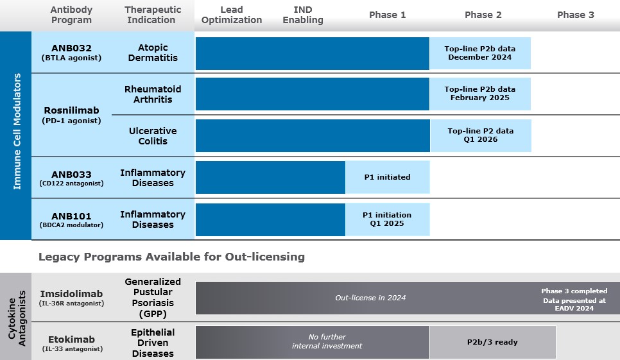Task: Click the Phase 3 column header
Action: click(575, 15)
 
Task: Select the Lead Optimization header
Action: click(231, 15)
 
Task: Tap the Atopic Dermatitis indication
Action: click(153, 53)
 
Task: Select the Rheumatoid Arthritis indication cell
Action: click(153, 94)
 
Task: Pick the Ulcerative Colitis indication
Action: click(153, 136)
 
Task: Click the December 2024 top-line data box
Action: click(480, 53)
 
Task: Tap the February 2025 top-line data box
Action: click(480, 94)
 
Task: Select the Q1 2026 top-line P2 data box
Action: click(481, 135)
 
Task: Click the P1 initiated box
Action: click(387, 177)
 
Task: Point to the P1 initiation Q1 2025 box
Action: click(387, 219)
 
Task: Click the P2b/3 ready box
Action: click(492, 342)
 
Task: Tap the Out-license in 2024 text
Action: click(371, 298)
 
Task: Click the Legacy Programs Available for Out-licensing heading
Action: click(171, 257)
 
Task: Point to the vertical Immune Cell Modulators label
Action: click(17, 131)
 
